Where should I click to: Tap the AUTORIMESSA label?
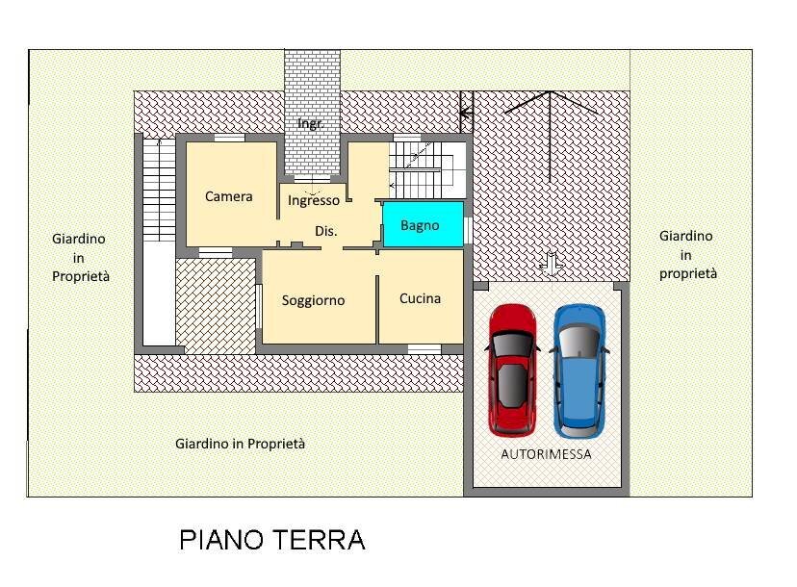(x=546, y=454)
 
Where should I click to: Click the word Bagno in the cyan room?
(x=420, y=225)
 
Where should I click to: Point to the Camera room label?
(x=229, y=196)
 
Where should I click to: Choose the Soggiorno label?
(x=313, y=300)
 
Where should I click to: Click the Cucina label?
(x=420, y=298)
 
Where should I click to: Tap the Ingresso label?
(x=314, y=201)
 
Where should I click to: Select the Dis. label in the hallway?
(x=326, y=231)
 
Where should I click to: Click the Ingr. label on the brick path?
(x=310, y=124)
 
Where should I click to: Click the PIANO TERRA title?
(x=272, y=540)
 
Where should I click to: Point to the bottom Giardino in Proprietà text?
(x=240, y=444)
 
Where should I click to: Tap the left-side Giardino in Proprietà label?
(x=81, y=257)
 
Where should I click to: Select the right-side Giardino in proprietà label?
(x=687, y=254)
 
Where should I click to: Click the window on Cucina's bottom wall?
(x=424, y=348)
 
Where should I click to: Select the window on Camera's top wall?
(x=228, y=139)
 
